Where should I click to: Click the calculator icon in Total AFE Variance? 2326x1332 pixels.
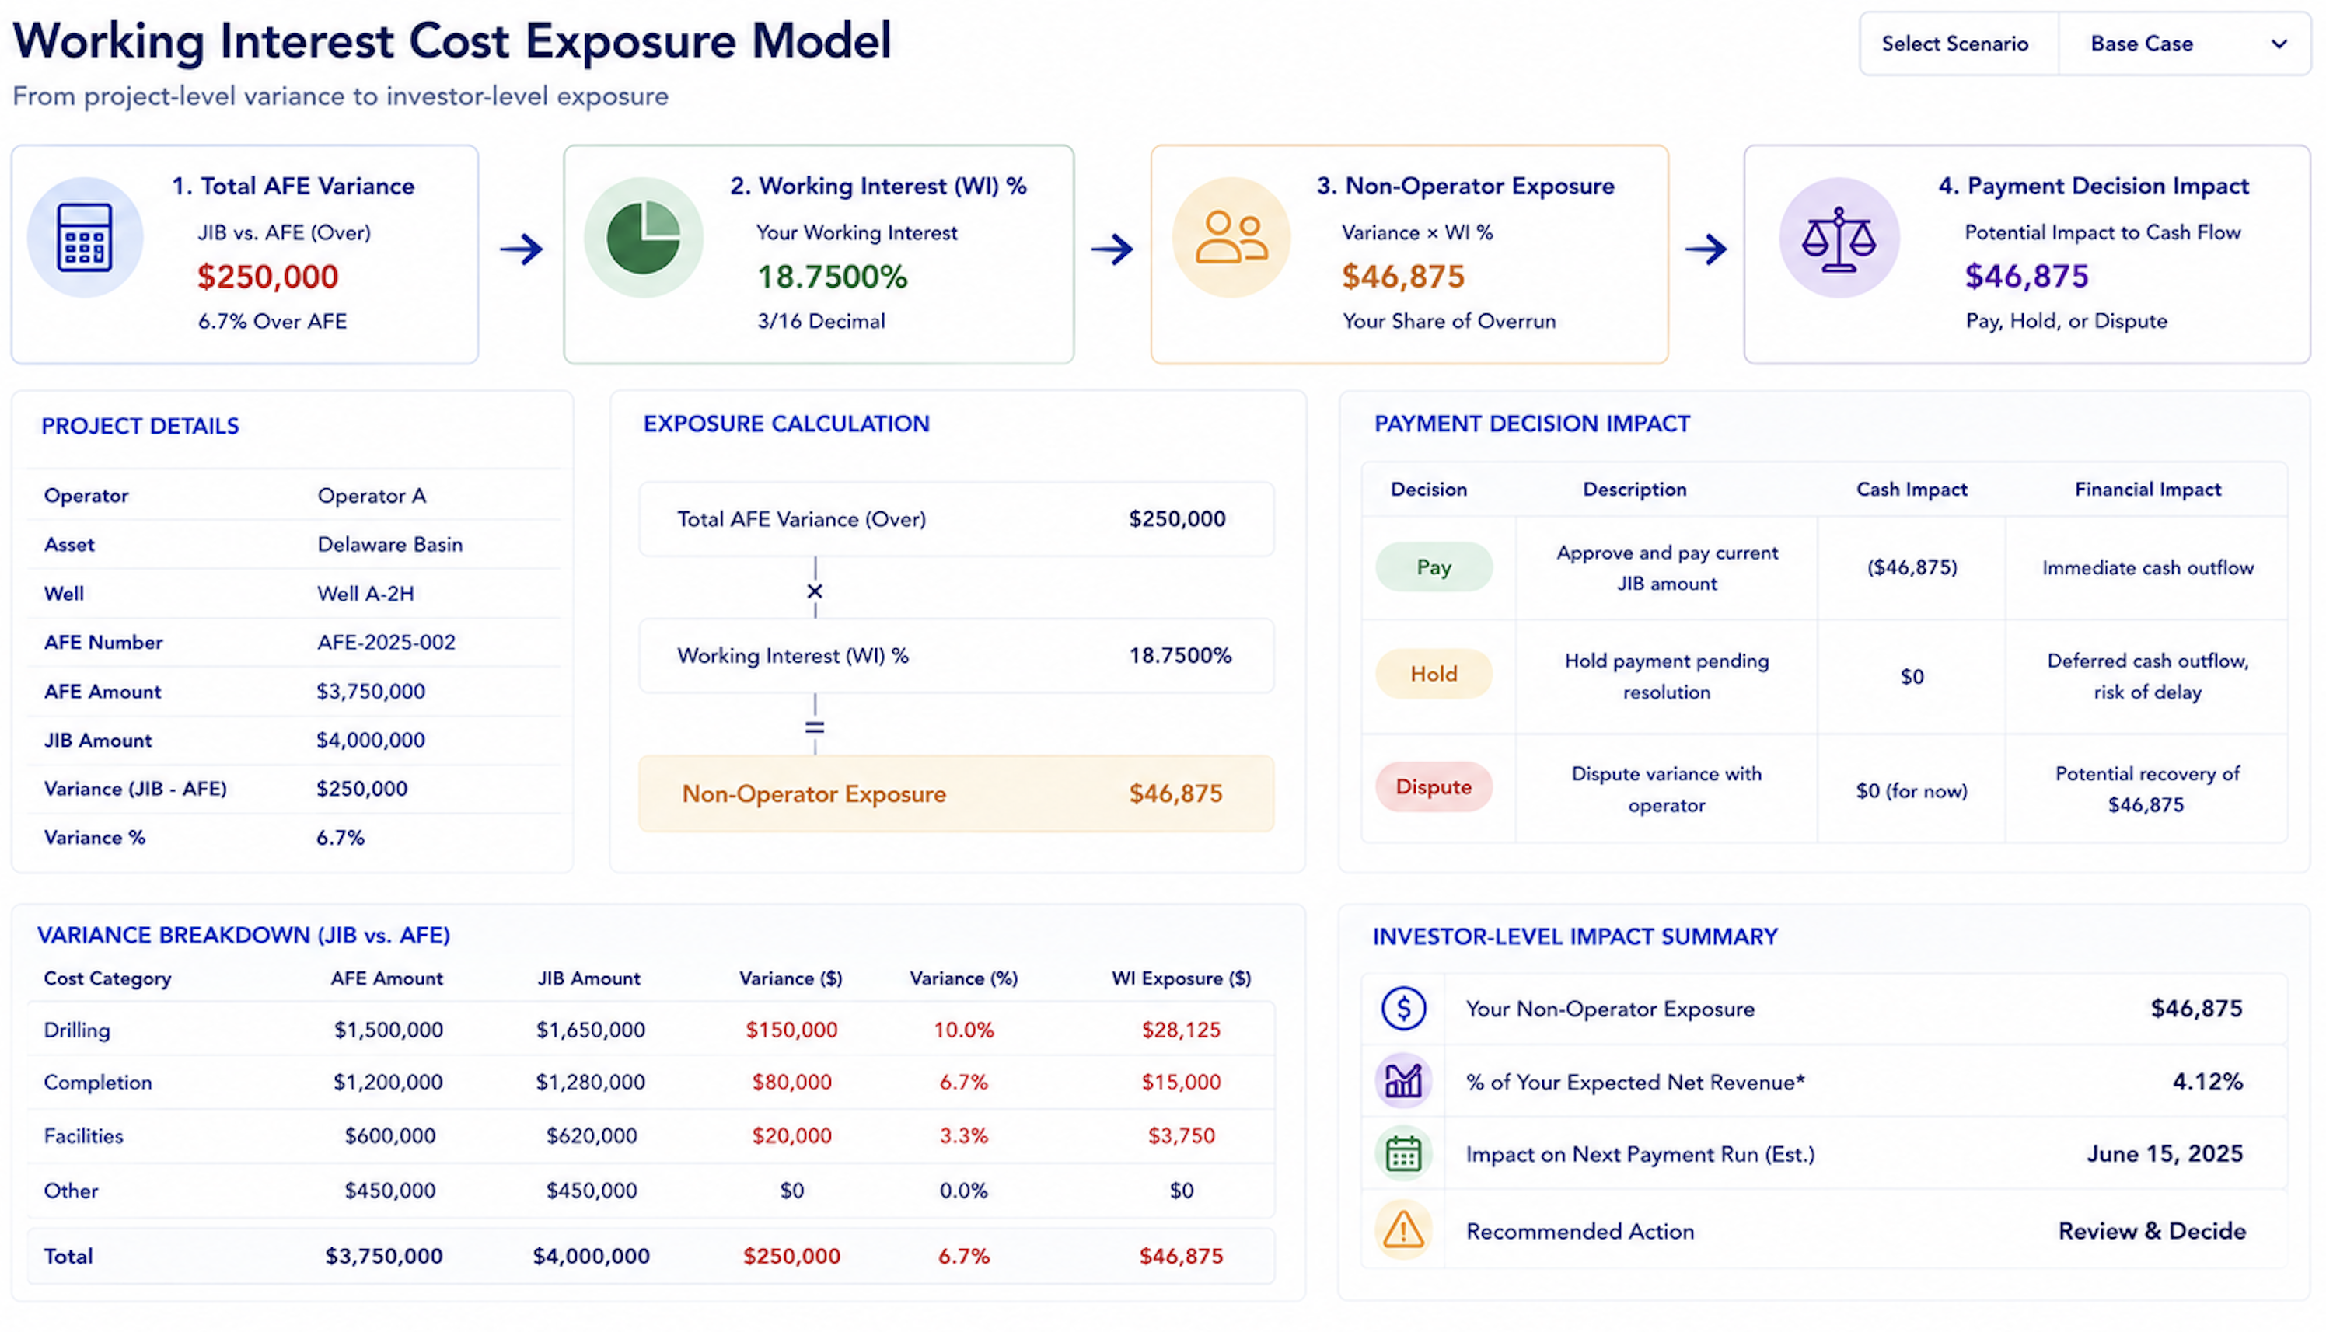[x=84, y=238]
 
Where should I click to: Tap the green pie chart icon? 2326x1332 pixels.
[x=643, y=237]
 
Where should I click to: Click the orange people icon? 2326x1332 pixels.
[x=1231, y=238]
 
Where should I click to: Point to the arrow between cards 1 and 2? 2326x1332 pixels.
[x=522, y=249]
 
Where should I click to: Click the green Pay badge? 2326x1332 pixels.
[x=1433, y=567]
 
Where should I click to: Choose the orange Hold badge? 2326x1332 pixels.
[x=1433, y=675]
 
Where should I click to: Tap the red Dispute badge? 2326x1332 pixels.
[x=1433, y=786]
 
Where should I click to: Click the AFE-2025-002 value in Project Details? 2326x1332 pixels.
[x=386, y=642]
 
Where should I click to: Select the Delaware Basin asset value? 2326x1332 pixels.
[x=389, y=544]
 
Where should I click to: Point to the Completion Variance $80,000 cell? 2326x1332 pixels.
[x=791, y=1083]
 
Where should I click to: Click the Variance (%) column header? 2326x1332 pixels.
[x=963, y=979]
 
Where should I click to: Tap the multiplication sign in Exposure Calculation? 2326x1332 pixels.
[x=815, y=592]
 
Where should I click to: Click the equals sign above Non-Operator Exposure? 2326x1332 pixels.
[x=815, y=727]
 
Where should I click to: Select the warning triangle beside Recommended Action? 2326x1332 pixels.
[x=1402, y=1230]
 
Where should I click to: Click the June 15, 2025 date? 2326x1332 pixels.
[x=2164, y=1155]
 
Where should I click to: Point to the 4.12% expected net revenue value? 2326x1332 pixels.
[x=2207, y=1083]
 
